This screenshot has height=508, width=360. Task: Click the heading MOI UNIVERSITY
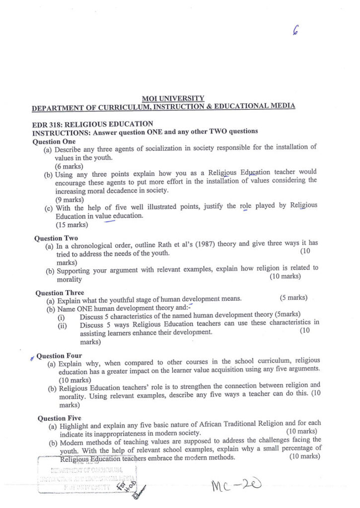[x=173, y=98]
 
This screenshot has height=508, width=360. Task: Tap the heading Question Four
[x=59, y=356]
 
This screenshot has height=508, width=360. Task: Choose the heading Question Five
[x=60, y=418]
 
